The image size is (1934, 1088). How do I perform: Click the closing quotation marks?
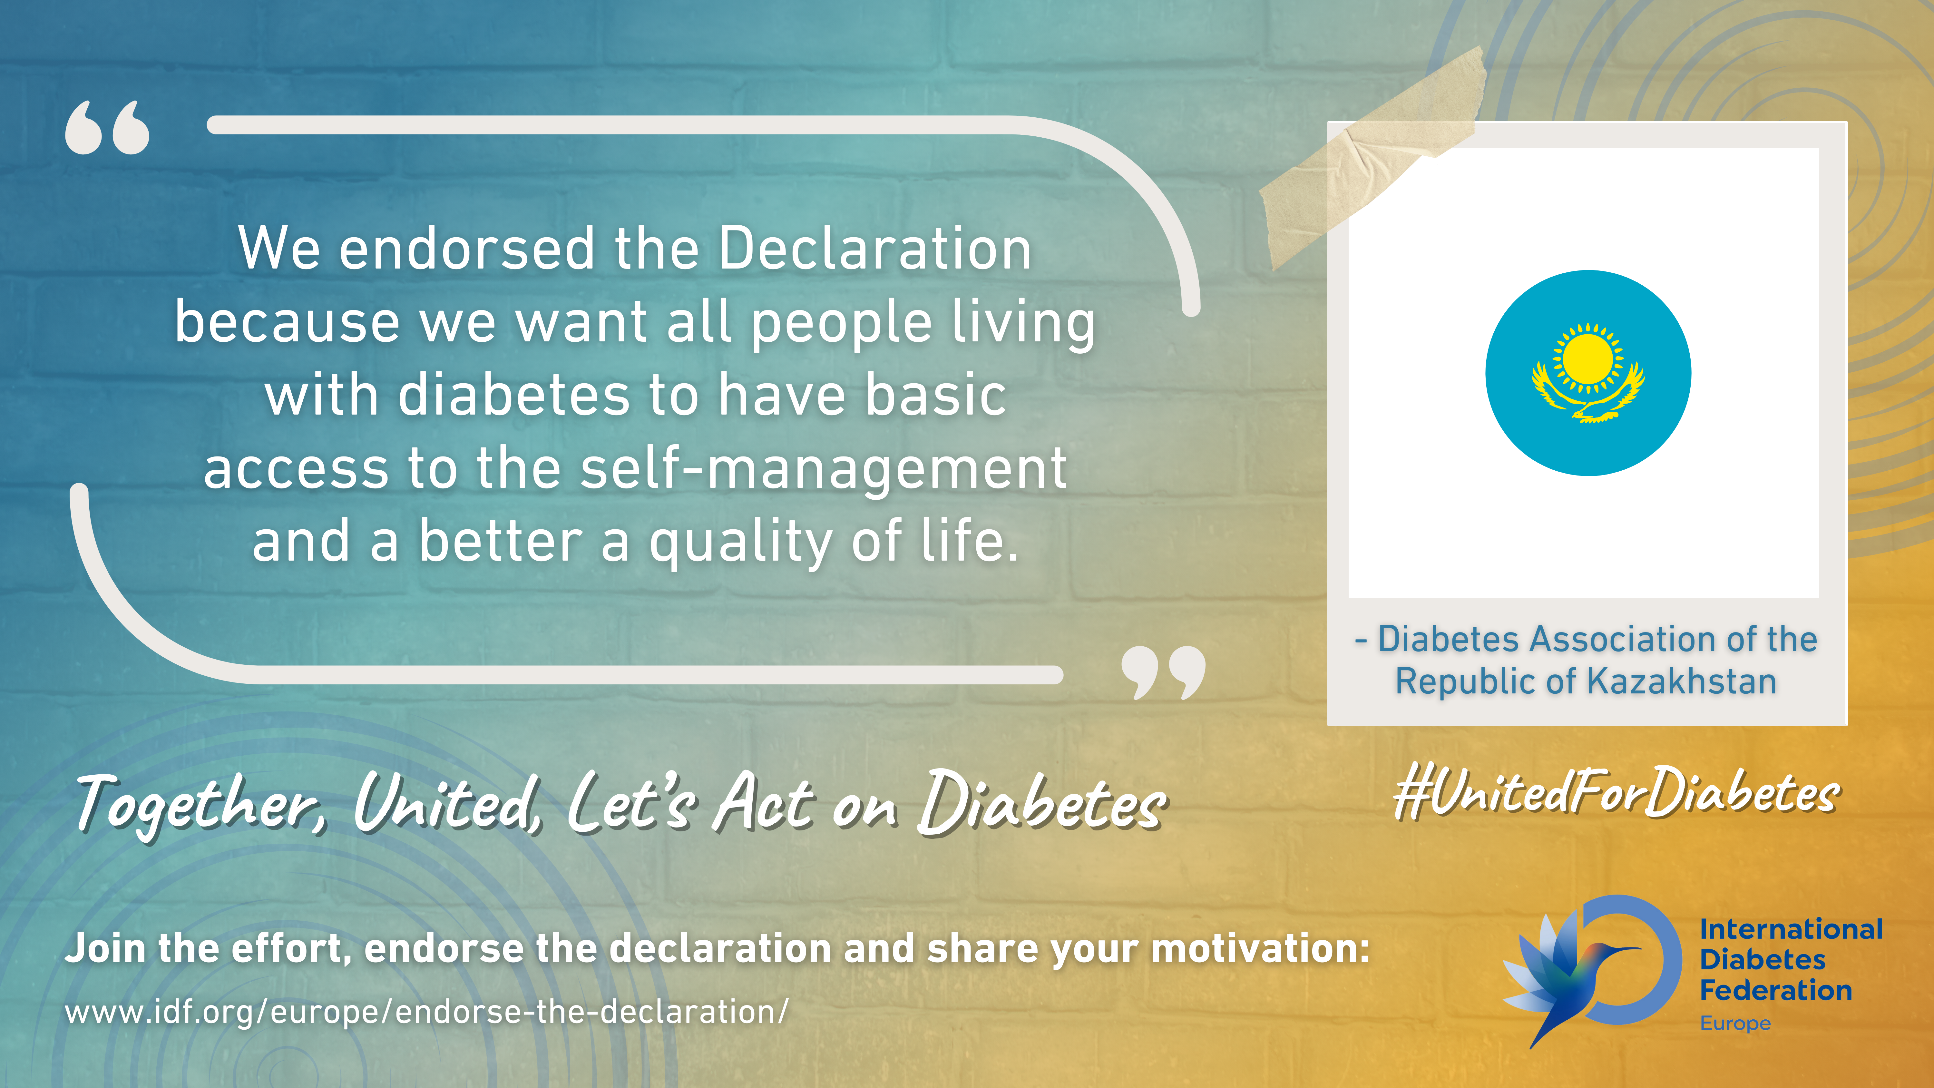click(x=1163, y=672)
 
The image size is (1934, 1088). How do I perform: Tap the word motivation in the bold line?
click(x=1261, y=948)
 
